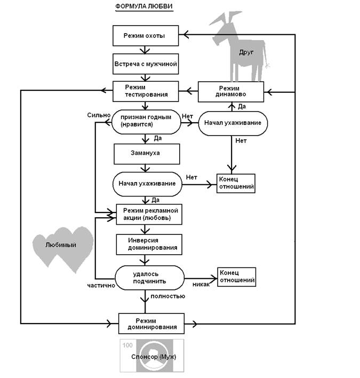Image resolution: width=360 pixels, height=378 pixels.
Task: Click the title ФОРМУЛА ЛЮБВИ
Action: pos(144,7)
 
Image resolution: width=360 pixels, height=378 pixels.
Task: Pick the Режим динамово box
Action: pos(231,91)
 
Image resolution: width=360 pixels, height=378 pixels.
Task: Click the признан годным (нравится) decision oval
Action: pos(145,120)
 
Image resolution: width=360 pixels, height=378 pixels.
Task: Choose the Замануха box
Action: pos(146,153)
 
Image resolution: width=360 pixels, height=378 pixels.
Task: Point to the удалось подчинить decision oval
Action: pos(149,277)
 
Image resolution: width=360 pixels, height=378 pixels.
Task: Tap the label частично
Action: pos(102,286)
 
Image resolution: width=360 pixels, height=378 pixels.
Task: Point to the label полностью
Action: pos(168,296)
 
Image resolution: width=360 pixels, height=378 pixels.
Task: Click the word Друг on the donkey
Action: pos(246,52)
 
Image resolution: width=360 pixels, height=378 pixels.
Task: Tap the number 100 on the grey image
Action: pos(127,345)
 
